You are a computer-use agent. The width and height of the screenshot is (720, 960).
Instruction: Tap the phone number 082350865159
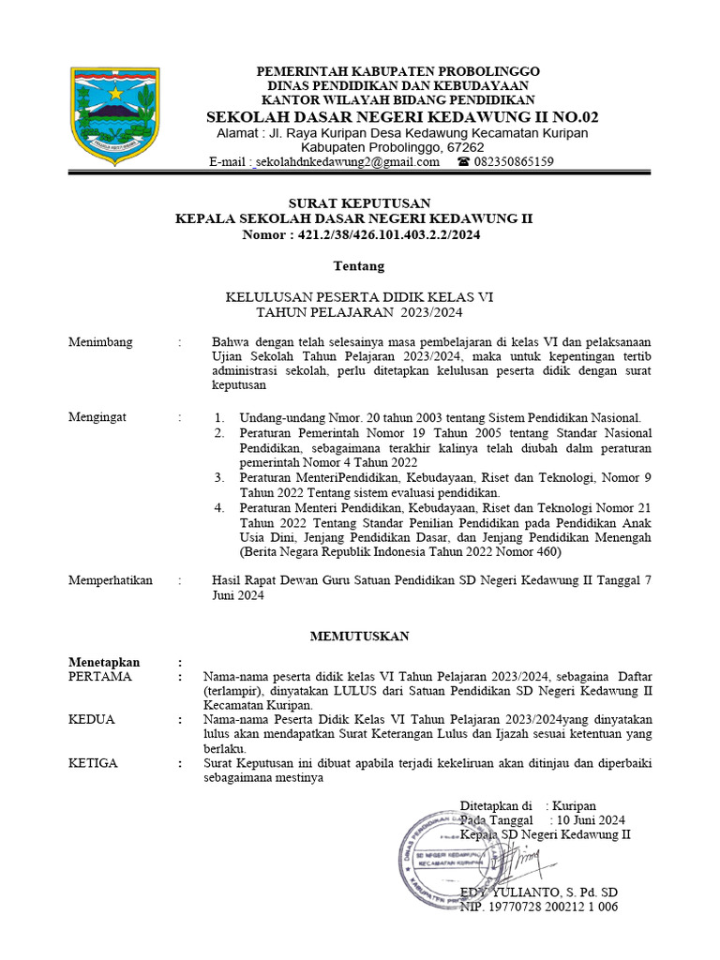click(x=514, y=161)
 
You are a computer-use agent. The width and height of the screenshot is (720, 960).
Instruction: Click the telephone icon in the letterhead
click(x=463, y=161)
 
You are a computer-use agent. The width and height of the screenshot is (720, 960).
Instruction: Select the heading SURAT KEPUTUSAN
click(x=359, y=202)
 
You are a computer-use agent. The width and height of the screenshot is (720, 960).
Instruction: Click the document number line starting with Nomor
click(x=359, y=235)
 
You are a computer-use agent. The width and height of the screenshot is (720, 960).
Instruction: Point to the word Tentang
click(x=359, y=265)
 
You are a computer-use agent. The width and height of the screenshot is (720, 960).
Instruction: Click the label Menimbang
click(x=100, y=341)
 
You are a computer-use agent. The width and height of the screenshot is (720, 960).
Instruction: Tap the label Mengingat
click(x=97, y=417)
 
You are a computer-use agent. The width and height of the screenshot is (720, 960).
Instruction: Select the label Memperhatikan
click(x=111, y=580)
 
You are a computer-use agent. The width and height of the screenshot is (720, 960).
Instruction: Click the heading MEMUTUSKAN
click(x=359, y=637)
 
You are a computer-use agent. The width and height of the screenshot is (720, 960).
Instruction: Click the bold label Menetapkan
click(x=104, y=661)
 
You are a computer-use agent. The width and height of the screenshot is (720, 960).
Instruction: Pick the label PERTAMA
click(x=100, y=676)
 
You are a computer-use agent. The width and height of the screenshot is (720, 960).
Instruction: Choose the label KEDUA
click(x=92, y=719)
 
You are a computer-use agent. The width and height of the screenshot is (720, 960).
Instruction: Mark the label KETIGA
click(x=94, y=762)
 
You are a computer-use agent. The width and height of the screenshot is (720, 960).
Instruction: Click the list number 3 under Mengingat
click(x=217, y=477)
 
